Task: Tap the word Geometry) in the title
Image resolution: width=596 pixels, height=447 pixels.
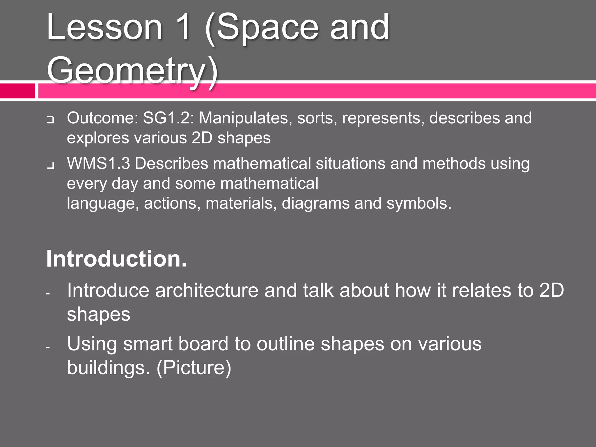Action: pyautogui.click(x=132, y=71)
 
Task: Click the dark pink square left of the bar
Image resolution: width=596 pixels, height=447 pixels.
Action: pyautogui.click(x=17, y=91)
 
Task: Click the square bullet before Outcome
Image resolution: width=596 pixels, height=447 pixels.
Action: pyautogui.click(x=50, y=120)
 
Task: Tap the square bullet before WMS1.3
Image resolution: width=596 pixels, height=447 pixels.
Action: pyautogui.click(x=50, y=165)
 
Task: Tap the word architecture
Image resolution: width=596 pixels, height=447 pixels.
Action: pyautogui.click(x=207, y=290)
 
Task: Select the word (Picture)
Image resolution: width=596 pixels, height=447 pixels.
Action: pyautogui.click(x=194, y=368)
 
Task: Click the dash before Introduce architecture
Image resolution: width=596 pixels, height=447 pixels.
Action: pyautogui.click(x=48, y=294)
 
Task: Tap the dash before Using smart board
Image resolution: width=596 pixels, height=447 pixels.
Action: pyautogui.click(x=48, y=347)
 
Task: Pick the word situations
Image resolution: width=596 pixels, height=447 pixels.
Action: pyautogui.click(x=350, y=163)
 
